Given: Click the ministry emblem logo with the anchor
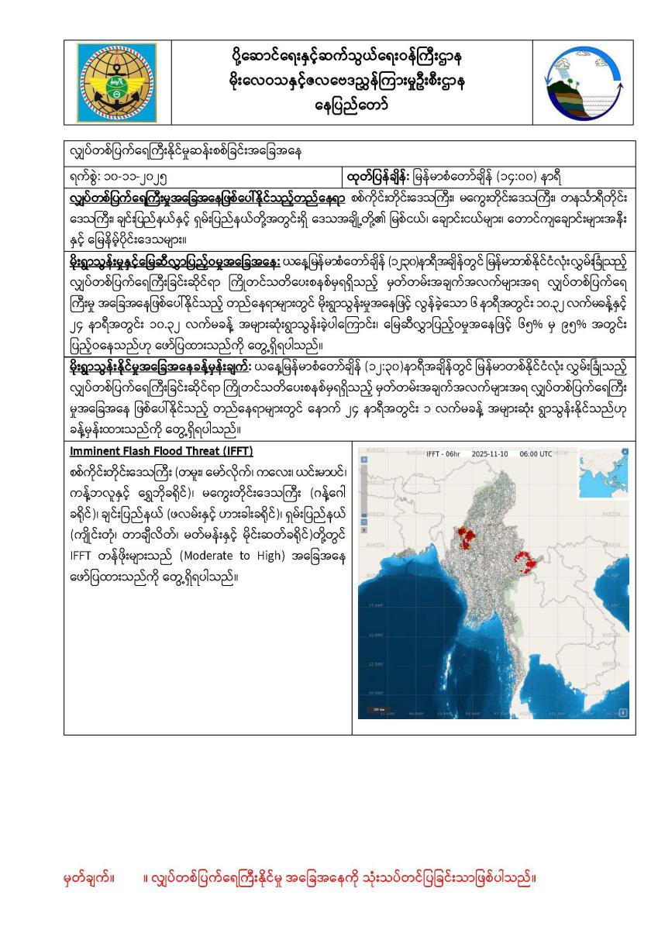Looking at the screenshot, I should pos(119,81).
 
